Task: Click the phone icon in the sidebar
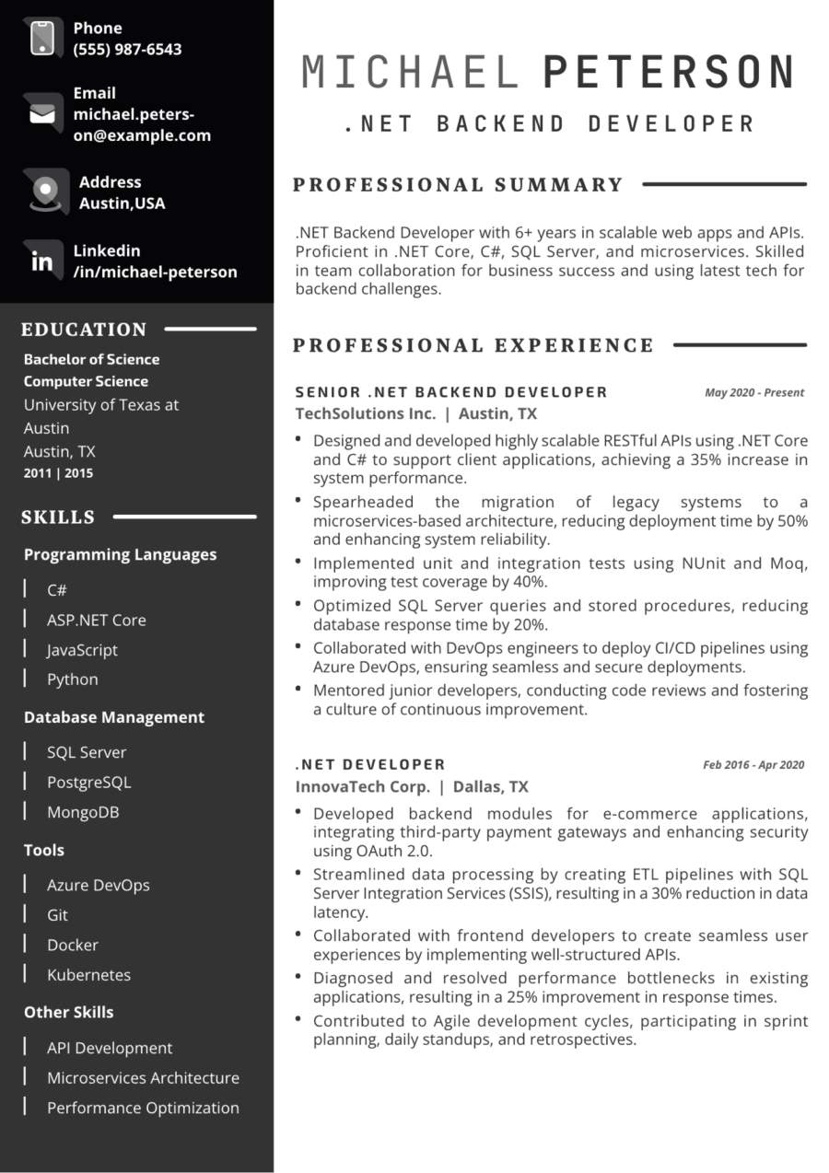42,38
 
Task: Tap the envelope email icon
41,113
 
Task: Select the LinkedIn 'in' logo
42,261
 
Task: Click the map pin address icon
44,192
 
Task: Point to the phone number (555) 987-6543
127,50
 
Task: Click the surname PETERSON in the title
669,73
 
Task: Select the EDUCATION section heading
84,330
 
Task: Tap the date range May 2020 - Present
753,392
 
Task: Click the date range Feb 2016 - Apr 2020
753,764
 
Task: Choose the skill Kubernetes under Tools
88,974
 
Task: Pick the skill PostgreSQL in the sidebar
88,782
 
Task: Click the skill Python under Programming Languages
72,679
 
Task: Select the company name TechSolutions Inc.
366,413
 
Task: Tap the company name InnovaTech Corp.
362,786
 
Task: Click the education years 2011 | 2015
58,473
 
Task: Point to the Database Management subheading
114,717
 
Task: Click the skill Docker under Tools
72,945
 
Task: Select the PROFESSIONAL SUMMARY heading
458,185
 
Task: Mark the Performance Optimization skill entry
143,1108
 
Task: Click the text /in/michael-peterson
155,272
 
